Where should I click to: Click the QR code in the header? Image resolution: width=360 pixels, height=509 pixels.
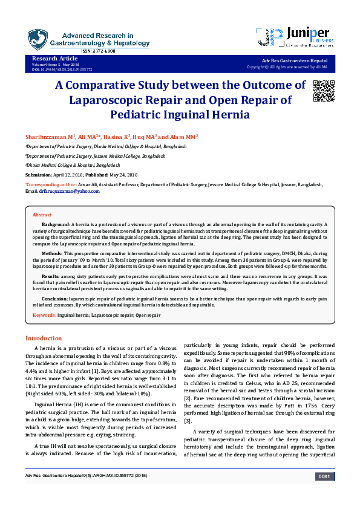coord(323,90)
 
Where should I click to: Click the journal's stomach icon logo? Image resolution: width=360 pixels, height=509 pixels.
coord(38,39)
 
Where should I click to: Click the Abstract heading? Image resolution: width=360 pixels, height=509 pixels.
coord(42,215)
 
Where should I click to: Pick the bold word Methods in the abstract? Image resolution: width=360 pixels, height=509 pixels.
coord(53,253)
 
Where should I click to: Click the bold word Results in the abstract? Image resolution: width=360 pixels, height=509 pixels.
coord(53,276)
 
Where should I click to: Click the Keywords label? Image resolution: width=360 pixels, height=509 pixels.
coord(44,316)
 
